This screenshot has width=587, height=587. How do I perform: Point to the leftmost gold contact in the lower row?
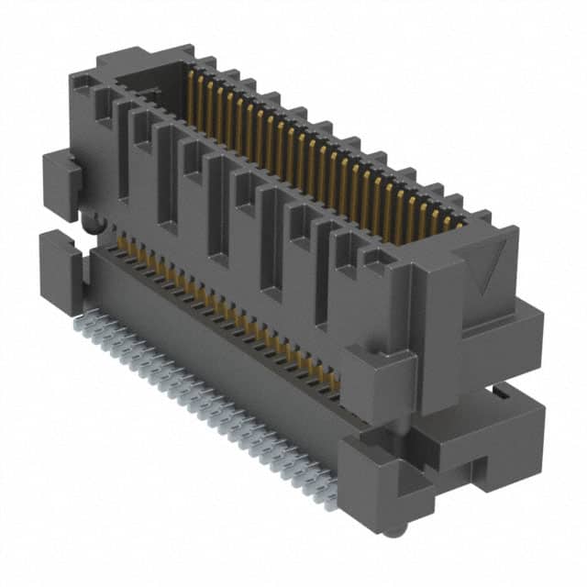[120, 243]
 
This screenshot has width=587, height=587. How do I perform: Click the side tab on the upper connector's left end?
[61, 183]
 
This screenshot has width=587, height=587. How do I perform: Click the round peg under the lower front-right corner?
[392, 531]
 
